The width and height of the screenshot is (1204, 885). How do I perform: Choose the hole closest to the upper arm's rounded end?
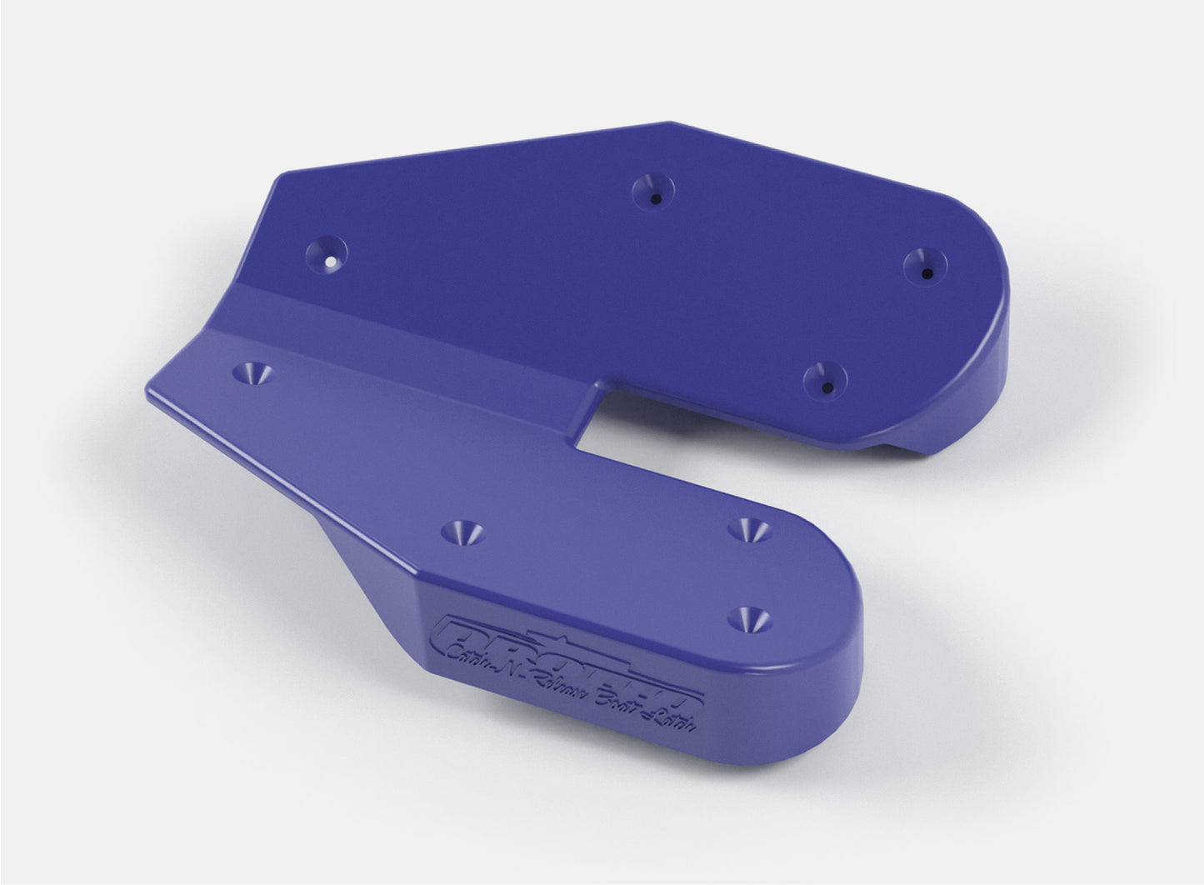point(926,262)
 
